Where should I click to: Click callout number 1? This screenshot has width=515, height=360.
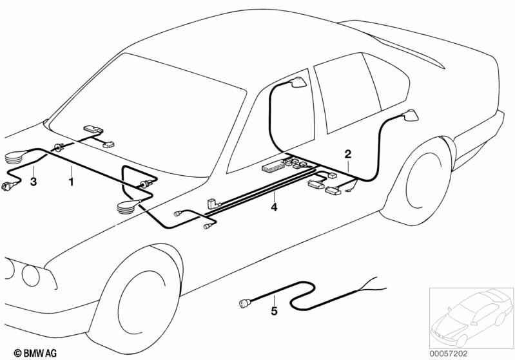(71, 182)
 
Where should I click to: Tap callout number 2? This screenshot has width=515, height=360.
(347, 154)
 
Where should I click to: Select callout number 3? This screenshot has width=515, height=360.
(33, 182)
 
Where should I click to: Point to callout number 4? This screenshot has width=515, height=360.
(274, 207)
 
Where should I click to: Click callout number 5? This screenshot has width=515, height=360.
(274, 311)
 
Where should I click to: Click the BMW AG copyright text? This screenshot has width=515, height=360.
(35, 353)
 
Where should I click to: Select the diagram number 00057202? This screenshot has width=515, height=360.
(449, 354)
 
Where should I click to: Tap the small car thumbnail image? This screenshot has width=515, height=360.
(471, 317)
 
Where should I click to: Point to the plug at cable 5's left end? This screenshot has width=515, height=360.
(245, 303)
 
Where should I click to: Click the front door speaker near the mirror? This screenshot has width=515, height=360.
(298, 83)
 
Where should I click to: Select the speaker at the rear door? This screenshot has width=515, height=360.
(410, 115)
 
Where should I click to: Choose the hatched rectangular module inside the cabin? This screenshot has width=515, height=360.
(273, 166)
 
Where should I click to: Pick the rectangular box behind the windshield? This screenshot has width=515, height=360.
(93, 129)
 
